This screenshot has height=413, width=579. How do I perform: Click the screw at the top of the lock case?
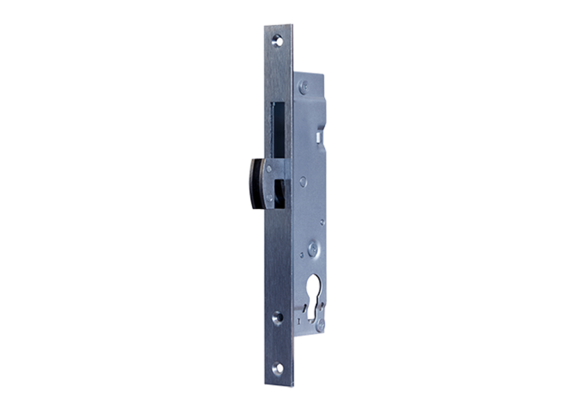(x=303, y=87)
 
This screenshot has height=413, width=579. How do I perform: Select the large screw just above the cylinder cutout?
(x=314, y=248)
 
